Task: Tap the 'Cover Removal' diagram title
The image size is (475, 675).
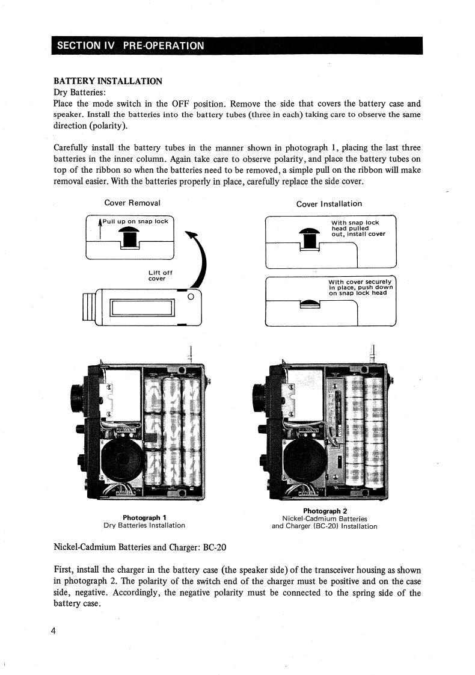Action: click(x=132, y=203)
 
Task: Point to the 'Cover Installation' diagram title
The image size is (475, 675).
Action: click(x=329, y=203)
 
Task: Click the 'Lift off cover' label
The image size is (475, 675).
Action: click(x=160, y=276)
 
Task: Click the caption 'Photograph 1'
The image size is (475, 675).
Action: click(x=144, y=517)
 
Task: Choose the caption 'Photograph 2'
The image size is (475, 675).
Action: click(x=325, y=511)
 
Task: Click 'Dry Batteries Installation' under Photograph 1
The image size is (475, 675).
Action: click(x=144, y=525)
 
